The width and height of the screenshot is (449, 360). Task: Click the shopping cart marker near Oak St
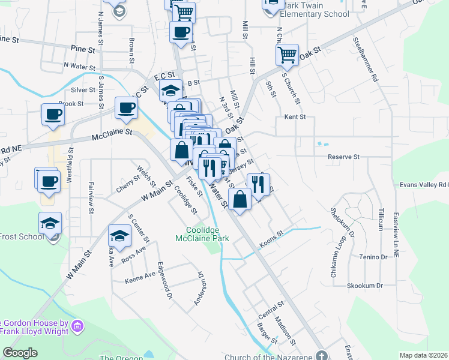pyautogui.click(x=287, y=55)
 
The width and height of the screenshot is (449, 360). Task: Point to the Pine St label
pyautogui.click(x=83, y=48)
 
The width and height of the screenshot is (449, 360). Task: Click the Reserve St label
pyautogui.click(x=343, y=157)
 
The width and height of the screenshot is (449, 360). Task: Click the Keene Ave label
pyautogui.click(x=140, y=277)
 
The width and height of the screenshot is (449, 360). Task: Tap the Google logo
pyautogui.click(x=20, y=353)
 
